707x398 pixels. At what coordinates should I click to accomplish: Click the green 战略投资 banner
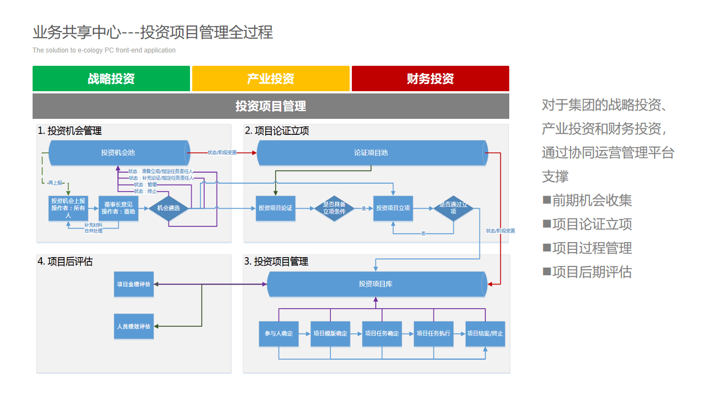coord(111,78)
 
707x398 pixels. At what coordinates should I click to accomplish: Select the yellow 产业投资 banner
coord(271,78)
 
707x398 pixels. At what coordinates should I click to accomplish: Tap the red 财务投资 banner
coord(430,78)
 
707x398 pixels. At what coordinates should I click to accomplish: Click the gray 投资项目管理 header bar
coord(271,106)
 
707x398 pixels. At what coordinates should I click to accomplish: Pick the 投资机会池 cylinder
coord(118,153)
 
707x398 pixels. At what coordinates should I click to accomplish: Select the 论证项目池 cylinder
coord(371,153)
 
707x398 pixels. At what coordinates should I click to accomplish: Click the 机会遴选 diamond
coord(168,208)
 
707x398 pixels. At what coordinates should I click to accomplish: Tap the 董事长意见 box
coord(118,208)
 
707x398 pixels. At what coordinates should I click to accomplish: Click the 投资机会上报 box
coord(68,208)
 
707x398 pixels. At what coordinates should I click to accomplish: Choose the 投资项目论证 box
coord(276,208)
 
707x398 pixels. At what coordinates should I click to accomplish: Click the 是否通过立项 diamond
coord(453,208)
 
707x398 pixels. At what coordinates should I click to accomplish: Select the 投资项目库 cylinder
coord(376,284)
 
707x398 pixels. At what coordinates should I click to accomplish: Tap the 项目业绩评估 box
coord(134,284)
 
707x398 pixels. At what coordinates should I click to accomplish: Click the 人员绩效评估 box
coord(134,327)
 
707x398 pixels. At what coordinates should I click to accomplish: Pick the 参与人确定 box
coord(279,334)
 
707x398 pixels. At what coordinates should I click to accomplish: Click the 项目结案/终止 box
coord(485,334)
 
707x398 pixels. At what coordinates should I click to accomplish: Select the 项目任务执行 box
coord(434,334)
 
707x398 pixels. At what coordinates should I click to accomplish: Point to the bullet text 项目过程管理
coord(592,248)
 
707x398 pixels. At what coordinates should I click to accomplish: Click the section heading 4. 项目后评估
coord(65,261)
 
